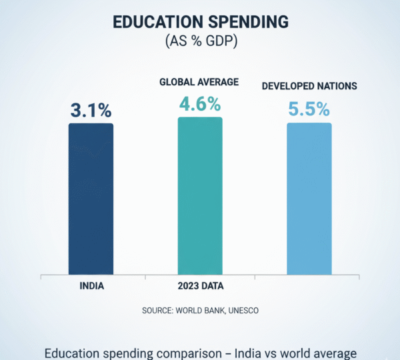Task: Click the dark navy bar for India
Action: (91, 199)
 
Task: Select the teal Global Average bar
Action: (200, 196)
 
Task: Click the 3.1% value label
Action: (91, 111)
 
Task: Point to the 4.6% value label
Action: (200, 105)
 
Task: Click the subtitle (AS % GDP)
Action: (200, 41)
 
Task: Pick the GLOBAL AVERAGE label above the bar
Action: (200, 82)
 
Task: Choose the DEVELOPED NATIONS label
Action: (309, 87)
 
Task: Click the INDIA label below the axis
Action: (91, 287)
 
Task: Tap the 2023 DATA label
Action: (200, 287)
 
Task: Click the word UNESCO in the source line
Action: (239, 311)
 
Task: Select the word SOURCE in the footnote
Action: (157, 311)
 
